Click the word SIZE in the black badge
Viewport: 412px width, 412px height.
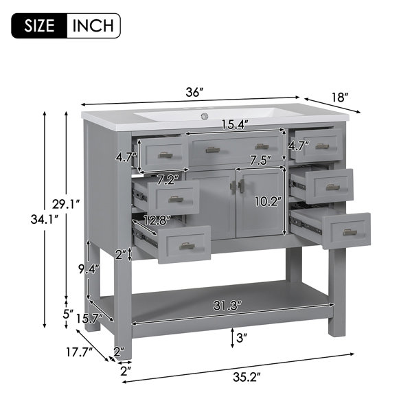39,25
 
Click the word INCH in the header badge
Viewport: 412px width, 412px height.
93,25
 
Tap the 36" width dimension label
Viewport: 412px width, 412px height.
195,92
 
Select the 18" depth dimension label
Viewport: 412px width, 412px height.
340,98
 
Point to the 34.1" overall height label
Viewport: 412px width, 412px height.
45,220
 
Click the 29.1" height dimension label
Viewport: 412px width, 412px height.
66,204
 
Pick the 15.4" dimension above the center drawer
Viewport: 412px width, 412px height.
235,124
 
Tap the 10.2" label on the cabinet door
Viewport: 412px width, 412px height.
268,201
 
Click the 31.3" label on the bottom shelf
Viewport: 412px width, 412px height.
227,306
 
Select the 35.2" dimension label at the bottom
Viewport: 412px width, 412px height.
247,377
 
